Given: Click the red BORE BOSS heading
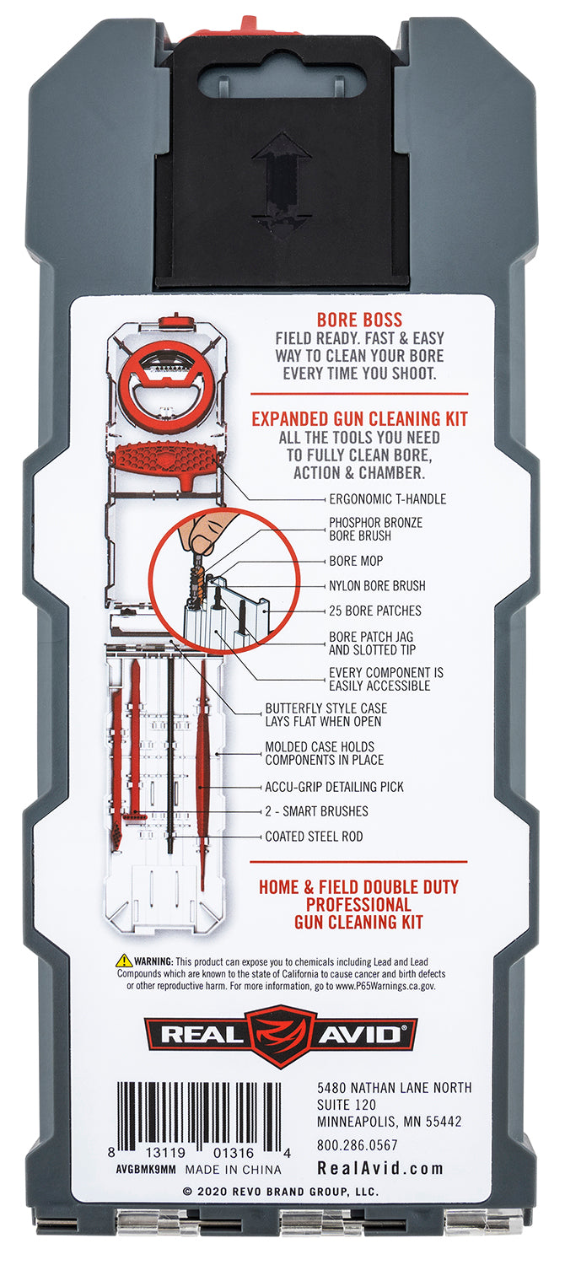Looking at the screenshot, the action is (x=359, y=320).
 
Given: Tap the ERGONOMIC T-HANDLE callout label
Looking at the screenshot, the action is (x=388, y=498).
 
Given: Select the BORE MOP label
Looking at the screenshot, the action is (x=356, y=561).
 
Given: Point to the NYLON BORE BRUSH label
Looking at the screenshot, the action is (x=377, y=585).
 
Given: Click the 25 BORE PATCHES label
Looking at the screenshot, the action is (x=375, y=611).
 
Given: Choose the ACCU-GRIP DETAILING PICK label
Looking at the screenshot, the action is (x=334, y=787).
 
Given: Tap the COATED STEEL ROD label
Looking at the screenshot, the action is (x=314, y=837).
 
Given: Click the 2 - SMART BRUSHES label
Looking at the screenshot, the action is (x=316, y=811).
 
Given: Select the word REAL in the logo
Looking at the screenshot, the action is (x=202, y=1035).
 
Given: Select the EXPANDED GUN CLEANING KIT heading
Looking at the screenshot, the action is (x=359, y=419).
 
